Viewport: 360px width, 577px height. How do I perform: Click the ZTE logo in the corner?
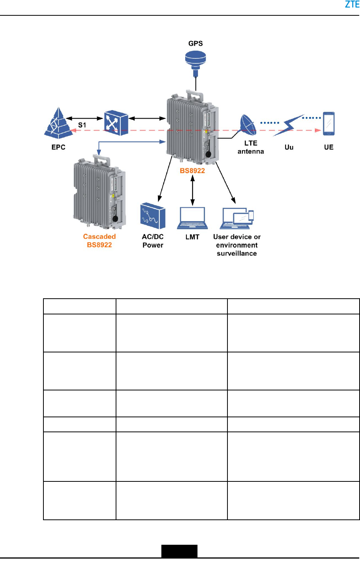tap(352, 5)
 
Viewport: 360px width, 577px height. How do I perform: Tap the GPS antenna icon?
tap(196, 61)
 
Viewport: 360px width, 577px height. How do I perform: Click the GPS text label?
tap(196, 44)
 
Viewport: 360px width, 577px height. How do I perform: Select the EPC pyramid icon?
tap(58, 123)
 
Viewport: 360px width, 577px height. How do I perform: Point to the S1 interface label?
tap(82, 125)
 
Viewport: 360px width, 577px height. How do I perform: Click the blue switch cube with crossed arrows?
tap(116, 123)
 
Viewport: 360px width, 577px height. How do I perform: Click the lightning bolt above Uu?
tap(289, 125)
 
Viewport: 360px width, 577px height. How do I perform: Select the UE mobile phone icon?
tap(328, 124)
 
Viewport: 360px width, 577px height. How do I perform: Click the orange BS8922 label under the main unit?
tap(192, 171)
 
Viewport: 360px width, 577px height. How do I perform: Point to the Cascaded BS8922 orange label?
tap(100, 241)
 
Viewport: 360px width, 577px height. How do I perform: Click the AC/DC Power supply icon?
tap(153, 216)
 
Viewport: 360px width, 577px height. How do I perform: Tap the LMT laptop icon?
tap(192, 218)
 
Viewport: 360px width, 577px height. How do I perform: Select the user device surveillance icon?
tap(238, 218)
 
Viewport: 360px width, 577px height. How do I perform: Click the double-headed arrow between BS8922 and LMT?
tap(192, 191)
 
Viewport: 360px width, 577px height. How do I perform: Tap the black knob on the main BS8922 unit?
tap(209, 154)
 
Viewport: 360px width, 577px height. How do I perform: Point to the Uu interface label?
tap(289, 147)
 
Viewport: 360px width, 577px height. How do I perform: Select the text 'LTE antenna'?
tap(251, 147)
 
